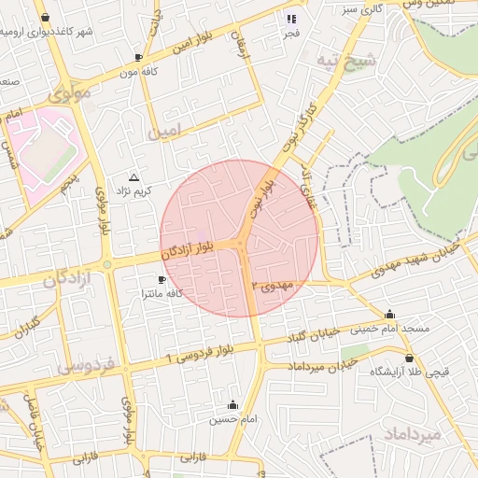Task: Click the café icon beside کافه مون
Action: (x=139, y=57)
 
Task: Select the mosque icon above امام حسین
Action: (x=232, y=405)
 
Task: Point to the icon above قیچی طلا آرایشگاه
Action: (x=409, y=358)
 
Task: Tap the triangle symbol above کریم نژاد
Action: (x=134, y=176)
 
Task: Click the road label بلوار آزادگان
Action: (x=201, y=248)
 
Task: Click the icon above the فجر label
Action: (x=291, y=18)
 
